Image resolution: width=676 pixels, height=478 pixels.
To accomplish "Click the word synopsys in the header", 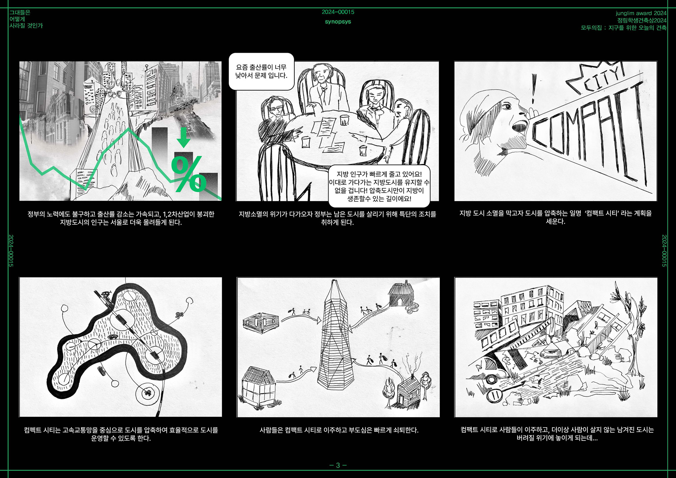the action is tap(338, 22).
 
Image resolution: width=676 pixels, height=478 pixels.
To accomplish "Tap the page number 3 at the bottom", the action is tap(338, 465).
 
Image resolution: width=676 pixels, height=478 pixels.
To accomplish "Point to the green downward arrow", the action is tap(184, 137).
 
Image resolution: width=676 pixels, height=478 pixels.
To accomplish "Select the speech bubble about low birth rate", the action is tap(261, 71).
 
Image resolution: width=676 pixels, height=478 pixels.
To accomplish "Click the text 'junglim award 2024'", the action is tap(641, 13).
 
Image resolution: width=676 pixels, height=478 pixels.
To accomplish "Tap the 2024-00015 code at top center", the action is tap(338, 12).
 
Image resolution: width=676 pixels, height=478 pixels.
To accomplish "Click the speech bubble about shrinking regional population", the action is tap(379, 186).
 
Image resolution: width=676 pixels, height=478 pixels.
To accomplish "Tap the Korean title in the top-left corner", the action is tap(26, 19).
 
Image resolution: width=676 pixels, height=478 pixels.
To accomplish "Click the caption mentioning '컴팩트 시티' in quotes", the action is tap(555, 217).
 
